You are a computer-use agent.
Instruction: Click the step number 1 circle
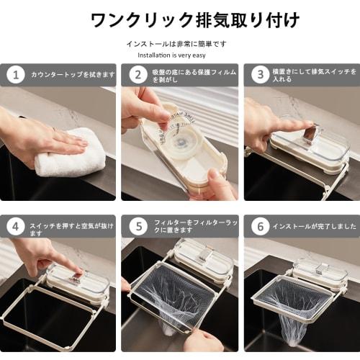point(16,75)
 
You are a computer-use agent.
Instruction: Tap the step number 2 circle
point(138,75)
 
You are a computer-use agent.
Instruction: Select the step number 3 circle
point(261,75)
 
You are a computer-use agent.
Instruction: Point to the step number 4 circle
point(16,227)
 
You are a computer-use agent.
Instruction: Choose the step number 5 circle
point(138,227)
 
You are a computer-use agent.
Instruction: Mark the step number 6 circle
point(261,227)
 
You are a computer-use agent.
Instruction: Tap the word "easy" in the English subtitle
point(199,56)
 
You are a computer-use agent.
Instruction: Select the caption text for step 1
point(73,75)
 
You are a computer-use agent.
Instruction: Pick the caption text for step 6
point(314,226)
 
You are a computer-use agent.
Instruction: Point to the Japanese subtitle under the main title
point(176,44)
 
